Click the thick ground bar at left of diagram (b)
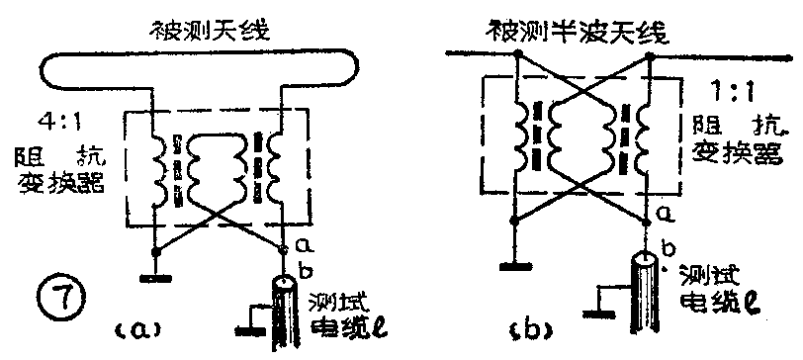click(515, 264)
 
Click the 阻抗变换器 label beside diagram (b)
click(737, 143)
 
